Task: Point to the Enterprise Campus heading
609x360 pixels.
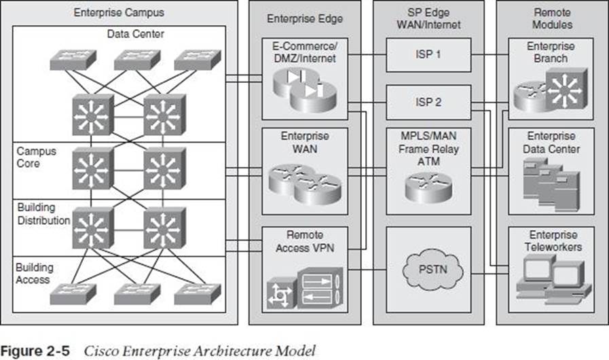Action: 117,12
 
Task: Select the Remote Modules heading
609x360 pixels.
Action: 551,18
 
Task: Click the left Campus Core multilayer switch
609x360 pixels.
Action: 90,168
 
